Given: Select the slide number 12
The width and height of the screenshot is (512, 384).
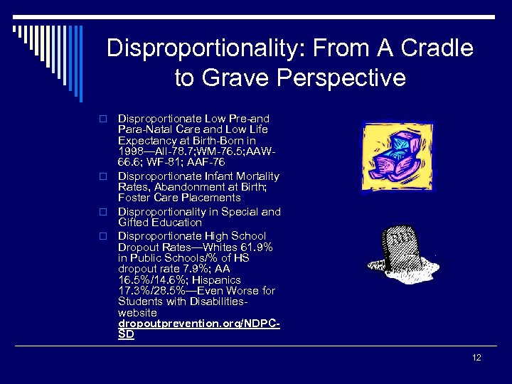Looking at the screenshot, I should pos(476,357).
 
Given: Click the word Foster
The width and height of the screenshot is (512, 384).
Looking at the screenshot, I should pos(132,197).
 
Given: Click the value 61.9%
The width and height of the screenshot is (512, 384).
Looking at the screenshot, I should pos(258,247).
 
